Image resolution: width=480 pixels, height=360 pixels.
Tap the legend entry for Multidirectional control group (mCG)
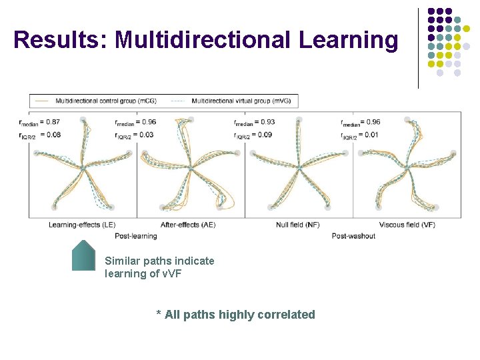[101, 101]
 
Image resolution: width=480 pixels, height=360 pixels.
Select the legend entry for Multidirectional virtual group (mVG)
[236, 101]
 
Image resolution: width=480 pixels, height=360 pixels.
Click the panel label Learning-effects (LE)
[81, 225]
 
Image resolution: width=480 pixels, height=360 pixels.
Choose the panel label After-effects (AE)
[188, 225]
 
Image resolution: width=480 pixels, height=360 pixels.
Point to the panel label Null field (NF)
[297, 225]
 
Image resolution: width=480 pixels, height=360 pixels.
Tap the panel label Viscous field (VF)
[407, 225]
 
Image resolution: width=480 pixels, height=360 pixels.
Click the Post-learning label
[136, 235]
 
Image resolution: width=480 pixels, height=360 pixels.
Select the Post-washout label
[353, 235]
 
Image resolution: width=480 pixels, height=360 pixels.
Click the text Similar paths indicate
[159, 261]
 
